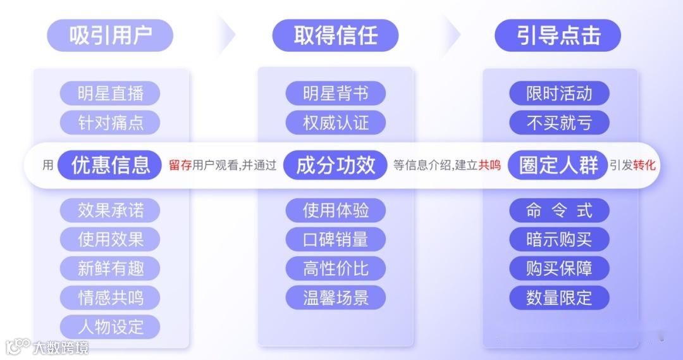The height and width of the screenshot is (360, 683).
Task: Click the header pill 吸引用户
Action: pos(111,35)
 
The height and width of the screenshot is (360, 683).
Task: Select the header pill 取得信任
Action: pos(335,35)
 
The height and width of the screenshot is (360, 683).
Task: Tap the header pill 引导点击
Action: pos(558,35)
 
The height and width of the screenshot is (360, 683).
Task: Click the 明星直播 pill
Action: pos(111,94)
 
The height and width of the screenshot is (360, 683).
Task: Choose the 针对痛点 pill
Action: pos(111,122)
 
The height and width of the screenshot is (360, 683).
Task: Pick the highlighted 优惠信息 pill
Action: pos(111,165)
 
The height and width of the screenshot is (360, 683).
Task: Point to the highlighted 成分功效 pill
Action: pos(335,165)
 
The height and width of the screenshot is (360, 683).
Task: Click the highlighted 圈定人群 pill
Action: pos(558,165)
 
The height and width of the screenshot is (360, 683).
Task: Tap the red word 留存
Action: pos(180,166)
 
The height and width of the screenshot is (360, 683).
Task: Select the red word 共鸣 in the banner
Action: pos(489,166)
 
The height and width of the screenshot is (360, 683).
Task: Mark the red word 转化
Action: pos(644,166)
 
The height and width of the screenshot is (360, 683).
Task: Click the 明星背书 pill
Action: pos(335,94)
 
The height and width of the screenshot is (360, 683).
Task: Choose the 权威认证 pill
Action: pos(335,122)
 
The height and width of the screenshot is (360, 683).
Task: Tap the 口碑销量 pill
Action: pos(335,239)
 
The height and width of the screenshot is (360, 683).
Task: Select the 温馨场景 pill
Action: pos(335,297)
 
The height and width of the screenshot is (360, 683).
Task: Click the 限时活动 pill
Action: pos(559,94)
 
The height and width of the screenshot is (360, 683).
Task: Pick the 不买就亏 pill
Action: pos(559,122)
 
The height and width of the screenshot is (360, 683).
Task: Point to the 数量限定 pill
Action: pos(559,297)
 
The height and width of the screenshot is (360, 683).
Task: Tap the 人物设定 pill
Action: pos(111,327)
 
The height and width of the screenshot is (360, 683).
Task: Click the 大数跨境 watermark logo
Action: pos(47,347)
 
